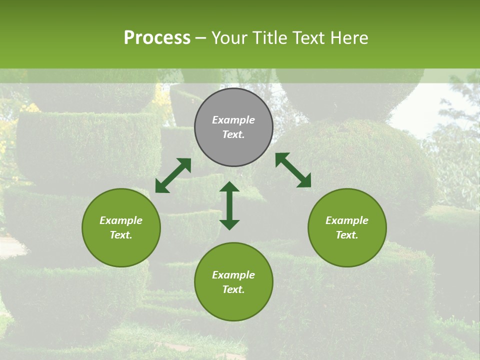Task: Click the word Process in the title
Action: click(157, 38)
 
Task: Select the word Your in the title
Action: click(228, 38)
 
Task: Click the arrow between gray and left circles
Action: click(173, 175)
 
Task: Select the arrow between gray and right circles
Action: click(293, 170)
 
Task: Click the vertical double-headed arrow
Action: click(229, 205)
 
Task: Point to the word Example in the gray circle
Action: click(233, 120)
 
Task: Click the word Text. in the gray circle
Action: click(233, 135)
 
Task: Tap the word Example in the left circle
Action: click(121, 220)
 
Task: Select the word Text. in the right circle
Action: click(347, 235)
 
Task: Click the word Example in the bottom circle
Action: click(233, 275)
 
